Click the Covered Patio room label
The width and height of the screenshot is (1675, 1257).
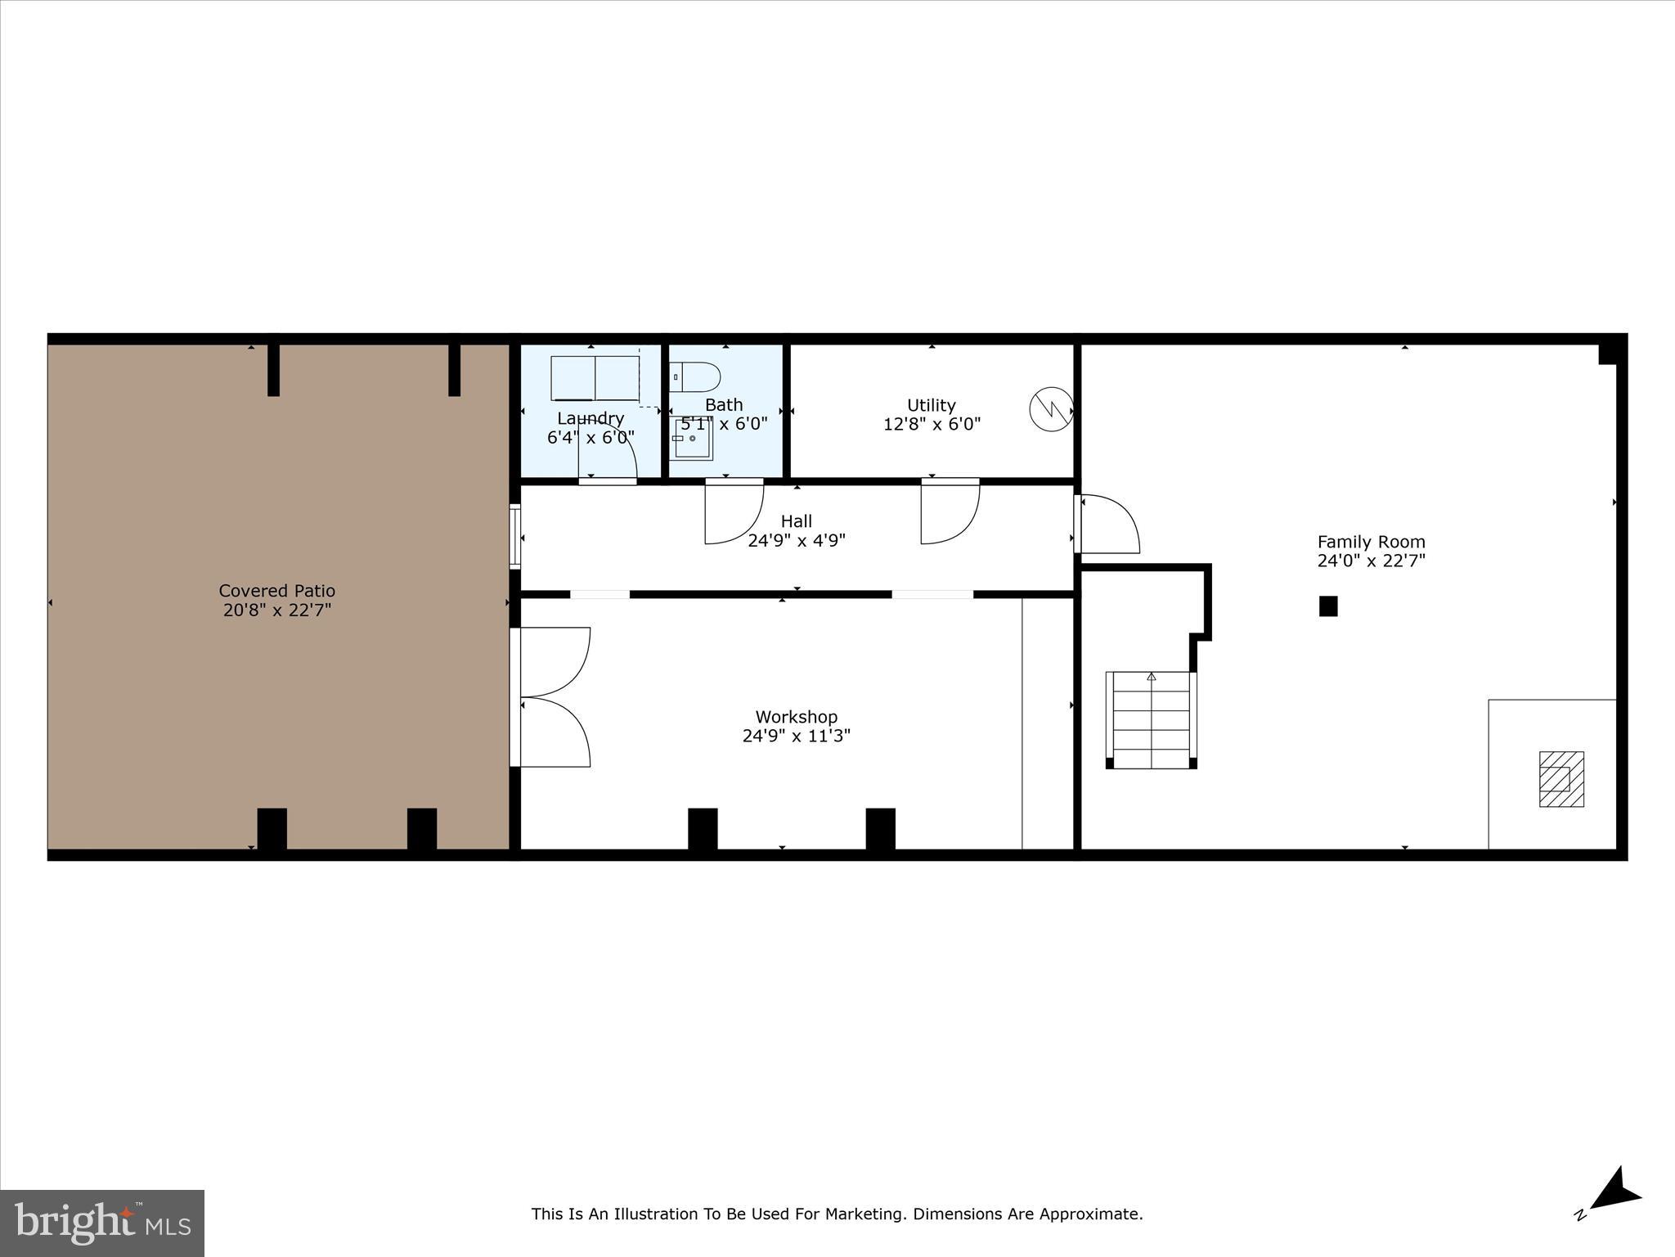point(276,591)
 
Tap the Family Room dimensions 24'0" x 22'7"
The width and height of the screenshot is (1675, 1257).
point(1371,561)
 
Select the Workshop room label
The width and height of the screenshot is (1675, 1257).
point(796,718)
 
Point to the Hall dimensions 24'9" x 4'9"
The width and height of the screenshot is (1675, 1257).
point(796,540)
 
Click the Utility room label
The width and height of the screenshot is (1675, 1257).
point(931,405)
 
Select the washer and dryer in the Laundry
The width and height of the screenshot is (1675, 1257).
point(595,378)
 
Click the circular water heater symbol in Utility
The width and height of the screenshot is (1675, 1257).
point(1051,408)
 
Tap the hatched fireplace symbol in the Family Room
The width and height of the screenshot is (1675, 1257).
point(1561,779)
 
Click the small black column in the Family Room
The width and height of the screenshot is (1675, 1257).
point(1328,606)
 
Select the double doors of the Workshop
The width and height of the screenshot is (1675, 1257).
point(555,697)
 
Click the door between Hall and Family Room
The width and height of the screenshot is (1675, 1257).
point(1108,525)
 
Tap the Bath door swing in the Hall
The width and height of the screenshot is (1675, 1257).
point(733,513)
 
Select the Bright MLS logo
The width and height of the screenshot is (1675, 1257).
point(102,1223)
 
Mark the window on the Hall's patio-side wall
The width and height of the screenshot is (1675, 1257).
point(514,537)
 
